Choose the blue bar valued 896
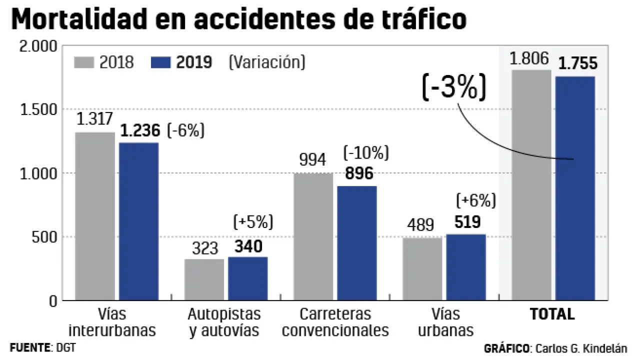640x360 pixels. tap(357, 243)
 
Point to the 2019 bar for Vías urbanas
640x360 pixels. tap(466, 267)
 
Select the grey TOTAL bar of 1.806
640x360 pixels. tap(531, 185)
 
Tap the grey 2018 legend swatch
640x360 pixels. tap(84, 62)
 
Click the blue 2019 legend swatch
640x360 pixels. tap(160, 62)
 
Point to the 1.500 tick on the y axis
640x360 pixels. tap(38, 109)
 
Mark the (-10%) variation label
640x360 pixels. tap(365, 153)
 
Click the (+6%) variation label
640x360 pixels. tap(476, 200)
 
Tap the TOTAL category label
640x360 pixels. tap(552, 314)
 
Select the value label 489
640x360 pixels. tap(420, 225)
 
